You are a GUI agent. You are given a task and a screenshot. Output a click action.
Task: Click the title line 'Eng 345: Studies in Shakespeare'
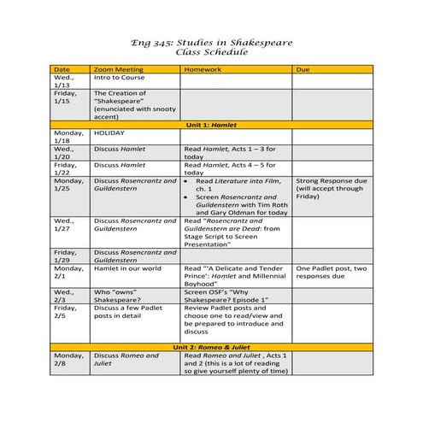[x=210, y=42]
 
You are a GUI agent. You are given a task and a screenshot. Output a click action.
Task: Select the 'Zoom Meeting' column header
[x=117, y=68]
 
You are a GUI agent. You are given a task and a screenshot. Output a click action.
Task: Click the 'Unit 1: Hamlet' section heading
[x=211, y=125]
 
